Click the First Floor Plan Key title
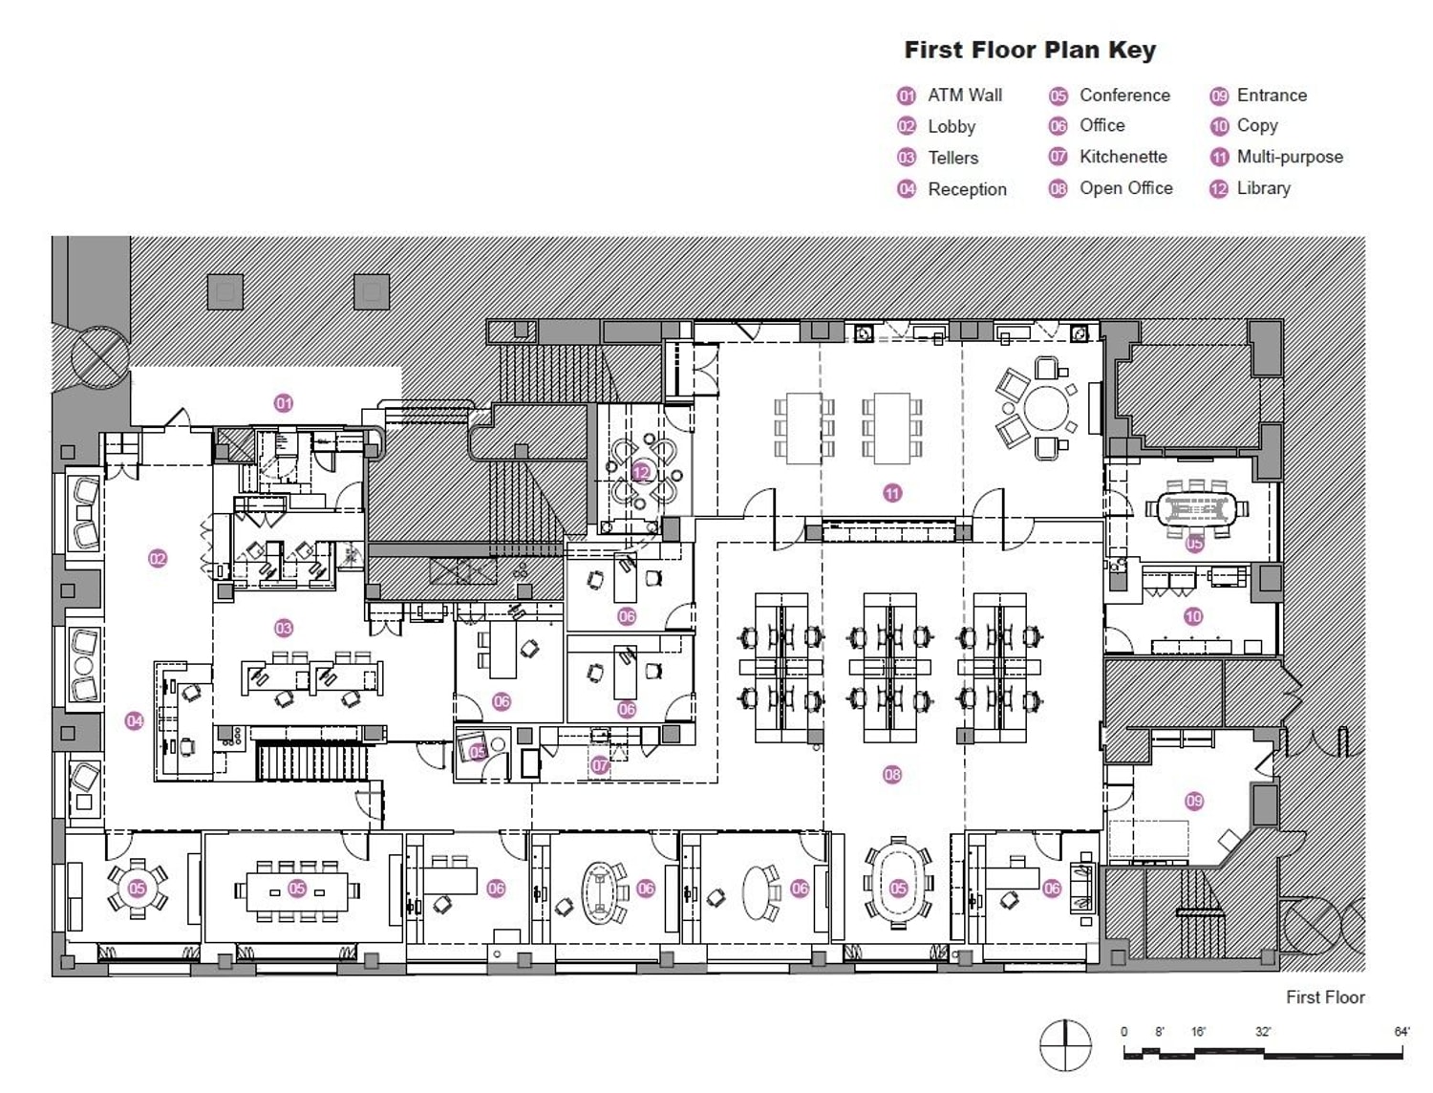1030,50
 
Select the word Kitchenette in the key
1123,157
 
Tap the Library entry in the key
1263,188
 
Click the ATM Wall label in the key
964,96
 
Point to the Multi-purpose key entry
1289,157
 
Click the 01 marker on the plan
284,403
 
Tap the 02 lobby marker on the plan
158,559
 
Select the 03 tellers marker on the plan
284,628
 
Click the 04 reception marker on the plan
135,721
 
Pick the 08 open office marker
892,775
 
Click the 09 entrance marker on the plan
1194,801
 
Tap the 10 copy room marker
1193,616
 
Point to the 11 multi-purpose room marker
892,493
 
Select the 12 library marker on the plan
641,472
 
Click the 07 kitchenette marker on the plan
600,765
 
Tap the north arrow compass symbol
1065,1045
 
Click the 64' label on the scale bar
1401,1032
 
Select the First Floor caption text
1324,997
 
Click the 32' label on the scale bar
1263,1032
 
